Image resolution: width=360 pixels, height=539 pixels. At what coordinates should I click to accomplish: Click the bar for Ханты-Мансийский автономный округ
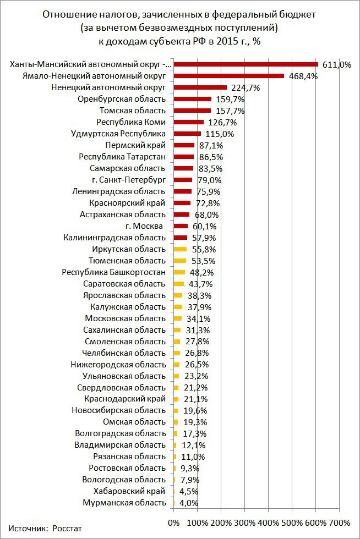pyautogui.click(x=246, y=64)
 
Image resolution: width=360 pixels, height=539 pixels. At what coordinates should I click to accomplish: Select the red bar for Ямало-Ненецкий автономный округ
pyautogui.click(x=228, y=76)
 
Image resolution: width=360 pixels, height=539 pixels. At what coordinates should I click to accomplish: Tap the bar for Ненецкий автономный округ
pyautogui.click(x=200, y=87)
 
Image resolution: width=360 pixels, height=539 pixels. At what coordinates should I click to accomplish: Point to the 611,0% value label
pyautogui.click(x=336, y=65)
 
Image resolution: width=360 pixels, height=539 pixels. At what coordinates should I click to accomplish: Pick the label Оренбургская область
pyautogui.click(x=122, y=99)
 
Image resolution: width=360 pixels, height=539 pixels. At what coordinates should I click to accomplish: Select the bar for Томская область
pyautogui.click(x=192, y=111)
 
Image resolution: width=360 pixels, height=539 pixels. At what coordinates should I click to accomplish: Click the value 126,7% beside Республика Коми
pyautogui.click(x=222, y=122)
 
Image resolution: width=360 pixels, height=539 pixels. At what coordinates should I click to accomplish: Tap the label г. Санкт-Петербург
pyautogui.click(x=129, y=180)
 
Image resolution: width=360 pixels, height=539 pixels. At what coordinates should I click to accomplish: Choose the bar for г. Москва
pyautogui.click(x=181, y=226)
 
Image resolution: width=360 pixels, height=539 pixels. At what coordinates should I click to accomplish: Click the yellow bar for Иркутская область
pyautogui.click(x=180, y=249)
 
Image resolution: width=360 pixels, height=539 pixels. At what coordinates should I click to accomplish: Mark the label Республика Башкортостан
pyautogui.click(x=113, y=272)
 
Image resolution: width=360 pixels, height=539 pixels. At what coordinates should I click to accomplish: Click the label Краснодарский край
pyautogui.click(x=124, y=399)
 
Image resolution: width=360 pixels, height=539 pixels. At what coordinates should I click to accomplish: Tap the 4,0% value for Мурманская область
pyautogui.click(x=188, y=503)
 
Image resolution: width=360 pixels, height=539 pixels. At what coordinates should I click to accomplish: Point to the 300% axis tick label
pyautogui.click(x=245, y=522)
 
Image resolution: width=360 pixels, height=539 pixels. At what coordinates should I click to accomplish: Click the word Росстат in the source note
pyautogui.click(x=67, y=528)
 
